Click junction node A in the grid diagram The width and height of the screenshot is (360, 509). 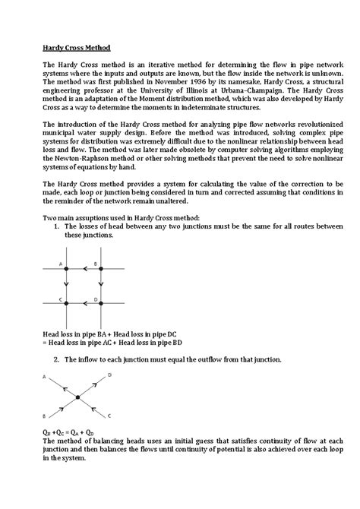(66, 269)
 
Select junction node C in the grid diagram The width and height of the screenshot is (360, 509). (66, 304)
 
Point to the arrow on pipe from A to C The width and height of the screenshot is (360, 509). (66, 286)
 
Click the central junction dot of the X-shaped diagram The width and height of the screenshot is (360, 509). (77, 397)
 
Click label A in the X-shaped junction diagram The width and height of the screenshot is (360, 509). (44, 377)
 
